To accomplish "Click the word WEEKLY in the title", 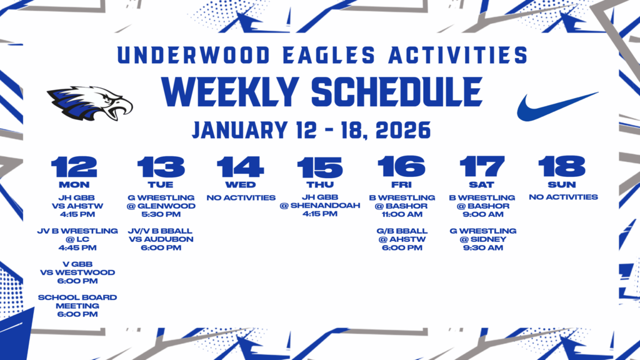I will tap(231, 92).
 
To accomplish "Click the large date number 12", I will tap(74, 167).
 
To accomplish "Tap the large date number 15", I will tap(319, 167).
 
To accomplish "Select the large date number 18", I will tap(562, 167).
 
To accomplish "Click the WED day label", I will tap(241, 184).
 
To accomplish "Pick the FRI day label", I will tap(402, 184).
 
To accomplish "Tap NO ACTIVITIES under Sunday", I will tap(563, 197).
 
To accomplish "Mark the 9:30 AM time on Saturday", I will tap(483, 247).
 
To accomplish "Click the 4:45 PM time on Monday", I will tap(77, 247).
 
